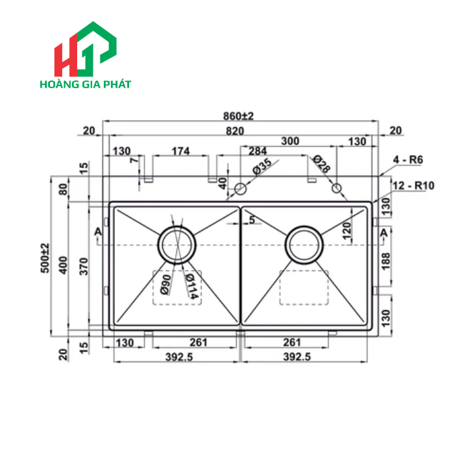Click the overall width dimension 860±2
coord(238,116)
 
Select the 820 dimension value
coord(236,131)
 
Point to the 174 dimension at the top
coord(180,152)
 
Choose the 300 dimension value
coord(290,141)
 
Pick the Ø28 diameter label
coord(321,164)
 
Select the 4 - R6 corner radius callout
coord(408,160)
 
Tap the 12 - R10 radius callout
coord(414,185)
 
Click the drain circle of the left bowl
coord(176,245)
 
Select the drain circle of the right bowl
coord(304,245)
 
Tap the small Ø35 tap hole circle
coord(240,189)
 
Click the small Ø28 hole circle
coord(337,188)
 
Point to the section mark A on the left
coord(97,232)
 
